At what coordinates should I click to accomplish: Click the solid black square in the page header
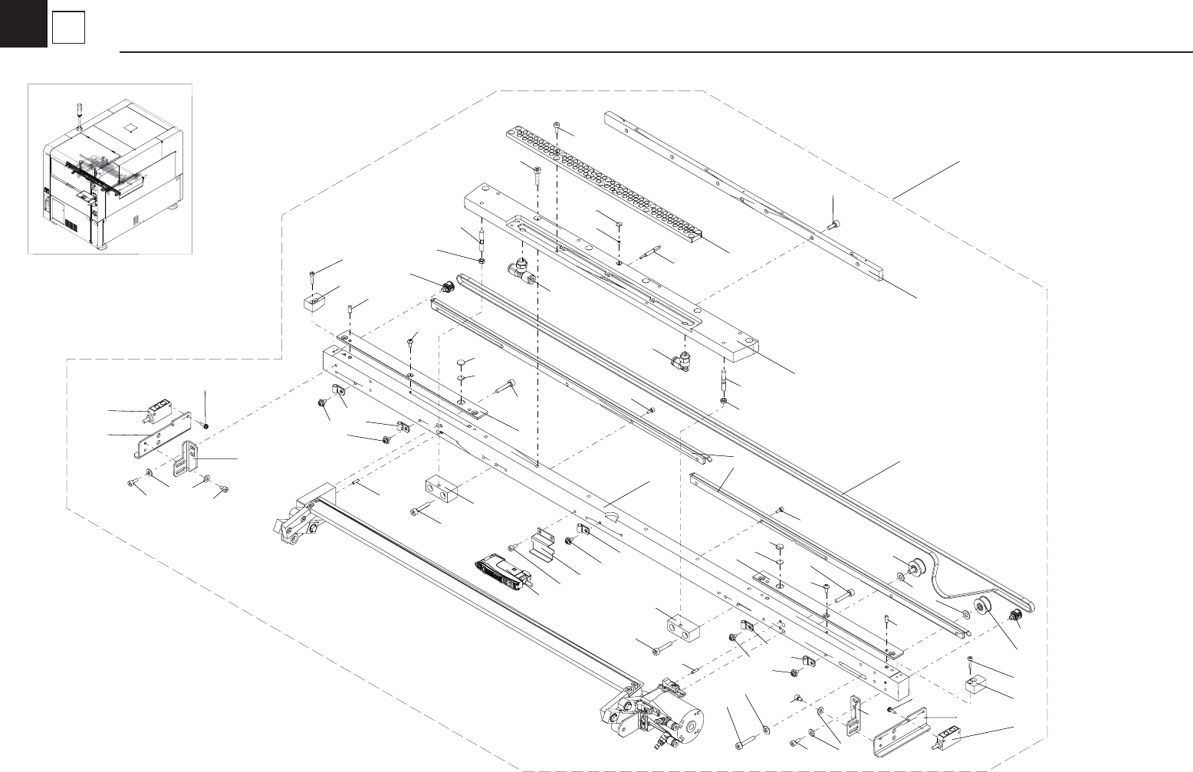tap(23, 24)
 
